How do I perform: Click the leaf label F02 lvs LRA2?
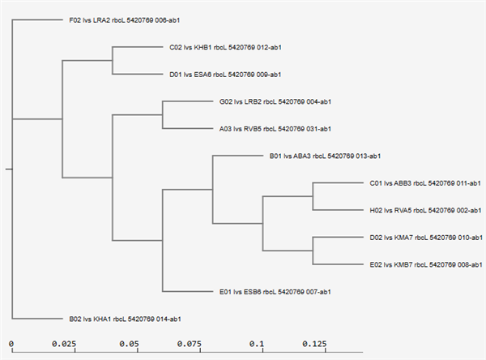coord(124,20)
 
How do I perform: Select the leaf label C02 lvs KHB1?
coord(225,48)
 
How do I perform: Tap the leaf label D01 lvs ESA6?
coord(225,75)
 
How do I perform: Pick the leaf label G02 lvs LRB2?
coord(275,102)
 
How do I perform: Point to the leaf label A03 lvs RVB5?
coord(275,129)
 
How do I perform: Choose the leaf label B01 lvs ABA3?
coord(325,156)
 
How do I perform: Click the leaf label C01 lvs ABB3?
coord(425,183)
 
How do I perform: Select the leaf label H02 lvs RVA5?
coord(425,211)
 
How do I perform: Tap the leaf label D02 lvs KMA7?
coord(426,238)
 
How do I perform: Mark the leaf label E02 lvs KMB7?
coord(426,264)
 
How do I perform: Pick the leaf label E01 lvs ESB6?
coord(275,292)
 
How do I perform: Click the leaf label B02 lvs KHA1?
coord(125,319)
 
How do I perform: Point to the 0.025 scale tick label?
coord(64,344)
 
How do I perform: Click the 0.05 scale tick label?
coord(130,344)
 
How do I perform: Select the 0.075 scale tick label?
coord(190,344)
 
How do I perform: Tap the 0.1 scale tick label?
coord(257,344)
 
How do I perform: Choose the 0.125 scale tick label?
coord(314,344)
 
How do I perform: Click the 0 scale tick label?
coord(11,344)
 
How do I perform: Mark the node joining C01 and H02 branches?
coord(313,196)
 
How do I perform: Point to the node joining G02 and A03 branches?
coord(163,115)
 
